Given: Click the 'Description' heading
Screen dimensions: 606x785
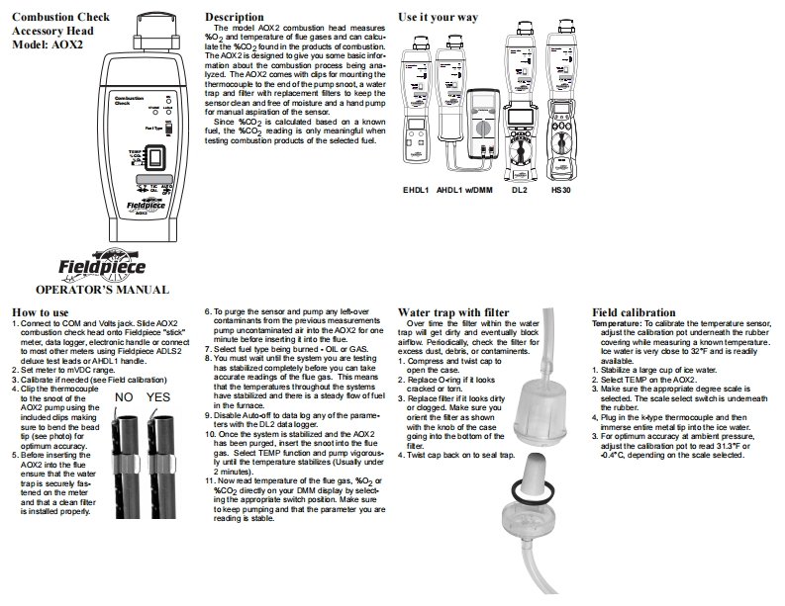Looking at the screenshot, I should pos(234,17).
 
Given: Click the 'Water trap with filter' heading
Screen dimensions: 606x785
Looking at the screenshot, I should pos(451,311).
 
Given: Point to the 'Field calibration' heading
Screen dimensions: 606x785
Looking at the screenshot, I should pos(634,311).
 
